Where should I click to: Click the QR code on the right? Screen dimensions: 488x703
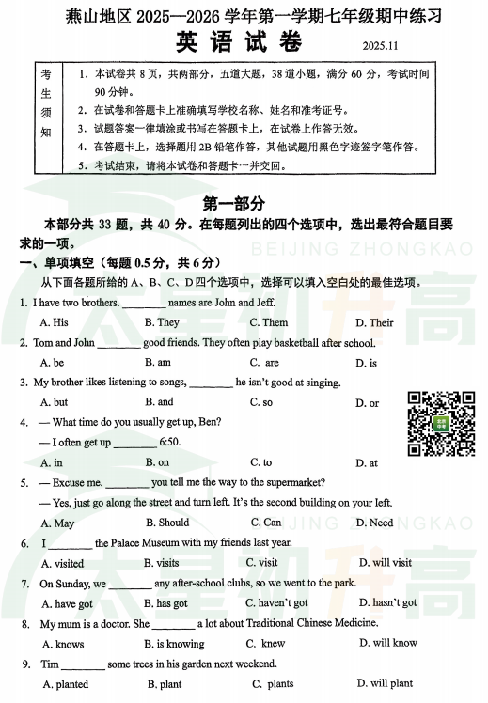(x=440, y=423)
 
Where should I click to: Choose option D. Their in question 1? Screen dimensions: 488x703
(x=374, y=322)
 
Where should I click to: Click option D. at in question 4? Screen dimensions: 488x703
(x=366, y=462)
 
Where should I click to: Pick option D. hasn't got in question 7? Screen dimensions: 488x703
(x=387, y=603)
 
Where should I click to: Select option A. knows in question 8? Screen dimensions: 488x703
(x=62, y=644)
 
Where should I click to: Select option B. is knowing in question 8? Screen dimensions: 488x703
(x=174, y=644)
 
